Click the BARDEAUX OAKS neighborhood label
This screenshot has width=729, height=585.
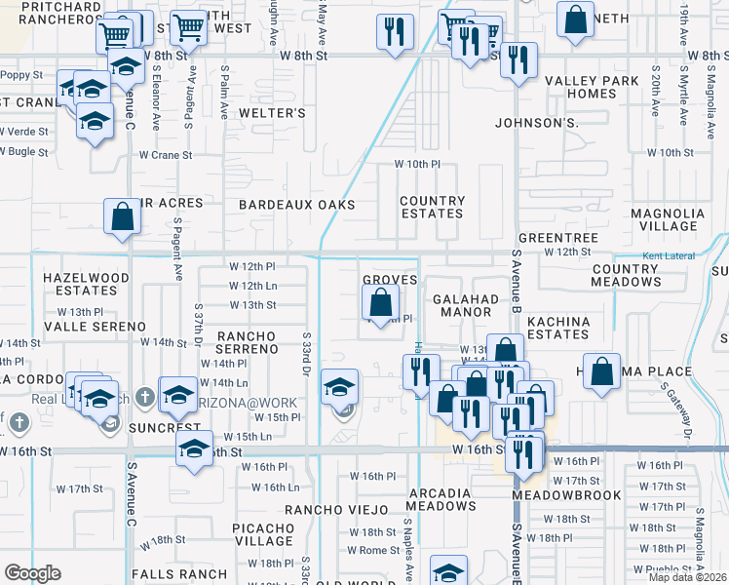click(x=296, y=205)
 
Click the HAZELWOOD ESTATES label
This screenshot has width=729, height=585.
click(x=86, y=284)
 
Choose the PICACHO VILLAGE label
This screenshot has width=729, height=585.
click(x=264, y=534)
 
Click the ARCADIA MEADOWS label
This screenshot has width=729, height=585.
click(x=441, y=499)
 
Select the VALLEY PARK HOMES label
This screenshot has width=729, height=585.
click(x=593, y=87)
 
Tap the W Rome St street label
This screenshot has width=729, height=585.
click(x=374, y=550)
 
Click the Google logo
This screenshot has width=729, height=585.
click(x=32, y=573)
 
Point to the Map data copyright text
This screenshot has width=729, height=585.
click(x=688, y=577)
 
